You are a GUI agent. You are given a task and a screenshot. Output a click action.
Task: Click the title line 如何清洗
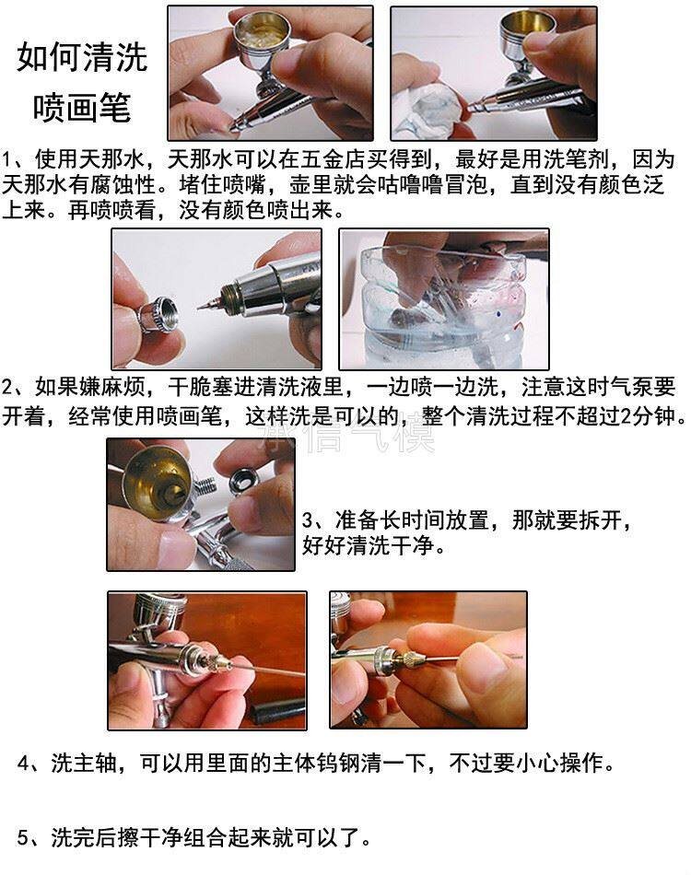(x=81, y=57)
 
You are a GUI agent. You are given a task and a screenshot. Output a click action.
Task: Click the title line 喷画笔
(x=81, y=108)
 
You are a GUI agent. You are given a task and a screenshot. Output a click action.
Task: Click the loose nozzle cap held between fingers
(x=158, y=313)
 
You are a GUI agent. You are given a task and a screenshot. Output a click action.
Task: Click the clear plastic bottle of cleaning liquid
(x=444, y=304)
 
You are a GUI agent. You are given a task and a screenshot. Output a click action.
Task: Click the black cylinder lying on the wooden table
(x=276, y=711)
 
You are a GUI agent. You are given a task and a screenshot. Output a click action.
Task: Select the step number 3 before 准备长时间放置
(x=308, y=520)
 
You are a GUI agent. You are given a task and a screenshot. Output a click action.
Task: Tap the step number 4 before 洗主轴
(x=23, y=763)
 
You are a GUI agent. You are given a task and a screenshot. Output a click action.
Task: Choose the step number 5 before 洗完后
(x=23, y=837)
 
